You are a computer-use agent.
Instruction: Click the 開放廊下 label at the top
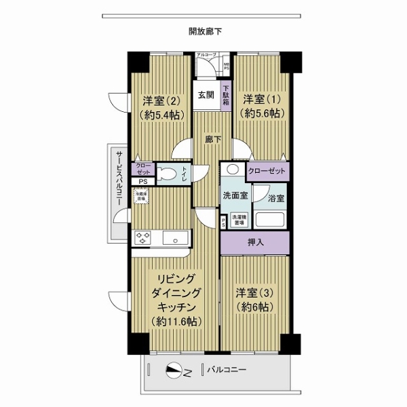(x=206, y=31)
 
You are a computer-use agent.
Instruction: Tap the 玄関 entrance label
(x=206, y=96)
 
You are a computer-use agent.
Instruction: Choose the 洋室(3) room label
(x=254, y=300)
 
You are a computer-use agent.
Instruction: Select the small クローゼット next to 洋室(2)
(x=143, y=169)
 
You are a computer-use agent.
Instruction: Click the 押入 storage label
(x=255, y=241)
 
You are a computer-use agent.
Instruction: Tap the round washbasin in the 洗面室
(x=233, y=170)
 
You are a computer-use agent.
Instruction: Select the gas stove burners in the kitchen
(x=144, y=237)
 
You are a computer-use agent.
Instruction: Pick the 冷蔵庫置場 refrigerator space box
(x=142, y=197)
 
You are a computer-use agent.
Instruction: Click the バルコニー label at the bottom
(x=227, y=370)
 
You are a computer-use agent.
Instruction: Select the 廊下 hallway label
(x=212, y=140)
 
